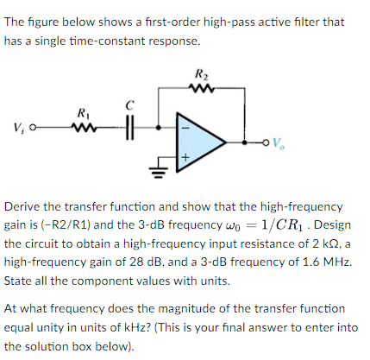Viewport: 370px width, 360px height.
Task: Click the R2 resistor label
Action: [202, 73]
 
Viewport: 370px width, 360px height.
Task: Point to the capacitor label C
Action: [130, 105]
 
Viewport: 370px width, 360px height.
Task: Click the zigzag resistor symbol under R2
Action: [202, 87]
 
